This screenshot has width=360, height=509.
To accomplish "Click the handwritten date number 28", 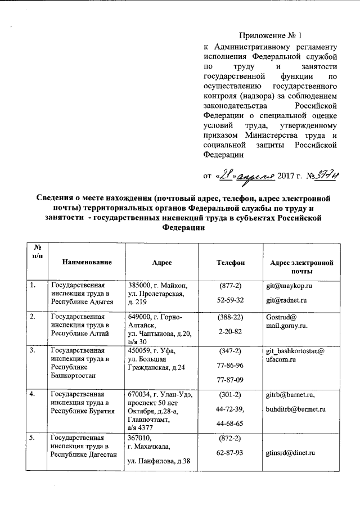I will [x=226, y=175].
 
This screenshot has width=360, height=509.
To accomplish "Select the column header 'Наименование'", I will [x=87, y=262].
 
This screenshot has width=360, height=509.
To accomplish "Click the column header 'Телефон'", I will [x=231, y=262].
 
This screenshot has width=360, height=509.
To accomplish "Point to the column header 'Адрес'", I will [x=162, y=262].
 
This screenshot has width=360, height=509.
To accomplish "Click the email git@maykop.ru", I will [x=289, y=286].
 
